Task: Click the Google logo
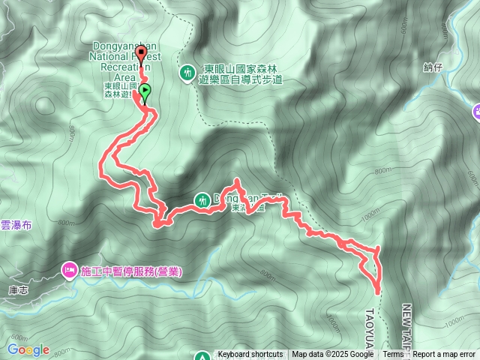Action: (28, 349)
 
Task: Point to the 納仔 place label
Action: (433, 67)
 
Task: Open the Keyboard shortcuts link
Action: (250, 355)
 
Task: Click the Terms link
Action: (393, 355)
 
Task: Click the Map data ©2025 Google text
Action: (333, 355)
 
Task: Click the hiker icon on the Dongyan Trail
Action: (202, 200)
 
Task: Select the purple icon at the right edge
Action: (476, 112)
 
